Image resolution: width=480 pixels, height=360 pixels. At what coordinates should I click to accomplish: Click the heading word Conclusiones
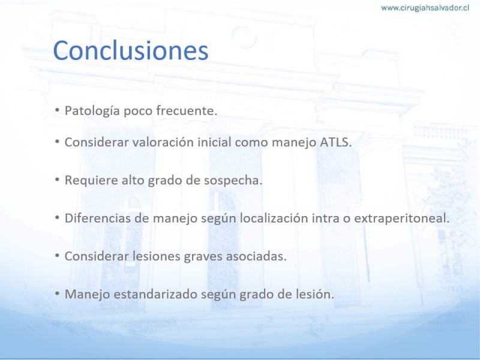(x=131, y=50)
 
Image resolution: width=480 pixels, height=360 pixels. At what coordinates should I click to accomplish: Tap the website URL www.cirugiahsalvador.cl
(x=425, y=8)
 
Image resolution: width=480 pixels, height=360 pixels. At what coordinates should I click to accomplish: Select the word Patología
(x=92, y=111)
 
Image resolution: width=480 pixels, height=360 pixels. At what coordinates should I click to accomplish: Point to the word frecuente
(x=187, y=110)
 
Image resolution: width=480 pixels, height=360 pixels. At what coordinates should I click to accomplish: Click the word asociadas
(x=256, y=256)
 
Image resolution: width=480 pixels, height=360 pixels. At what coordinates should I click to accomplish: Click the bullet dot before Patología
(x=57, y=110)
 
